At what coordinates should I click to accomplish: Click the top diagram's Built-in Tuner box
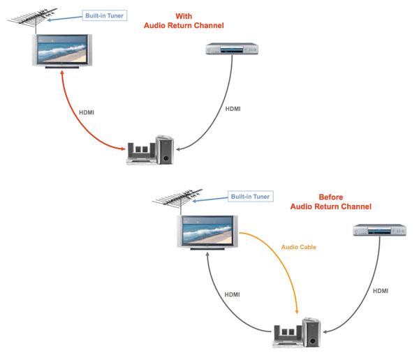tap(104, 14)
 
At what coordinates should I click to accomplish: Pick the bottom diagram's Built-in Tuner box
tap(250, 197)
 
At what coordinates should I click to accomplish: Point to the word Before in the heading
tap(330, 197)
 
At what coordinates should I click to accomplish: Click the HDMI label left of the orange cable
tap(231, 294)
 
